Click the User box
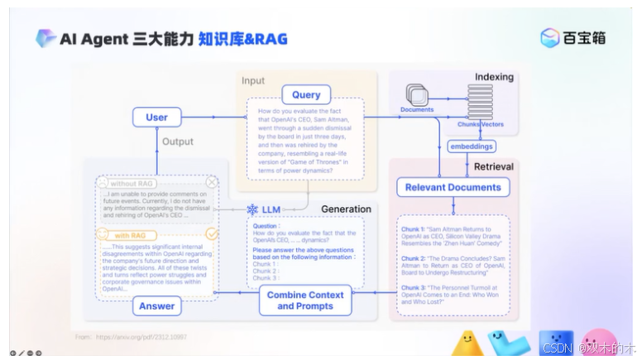pos(156,118)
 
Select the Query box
pos(305,95)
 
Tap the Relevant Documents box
pos(453,188)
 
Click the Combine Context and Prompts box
pos(304,300)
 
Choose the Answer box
pos(156,306)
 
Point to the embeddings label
pos(472,146)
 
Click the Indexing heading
pos(494,77)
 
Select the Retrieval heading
pos(493,166)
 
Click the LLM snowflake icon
pos(253,209)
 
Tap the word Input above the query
pos(253,80)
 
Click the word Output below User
pos(177,142)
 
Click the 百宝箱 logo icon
pos(549,38)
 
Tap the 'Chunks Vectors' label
pos(480,124)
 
